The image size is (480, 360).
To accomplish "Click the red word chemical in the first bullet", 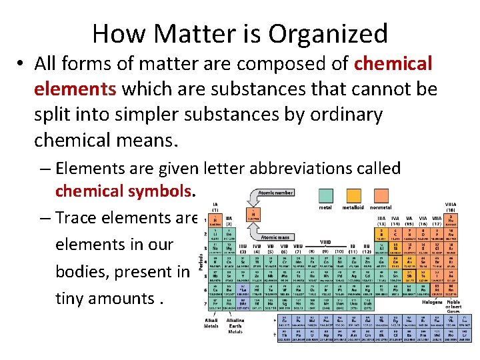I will [393, 64].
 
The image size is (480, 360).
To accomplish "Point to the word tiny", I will [75, 299].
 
